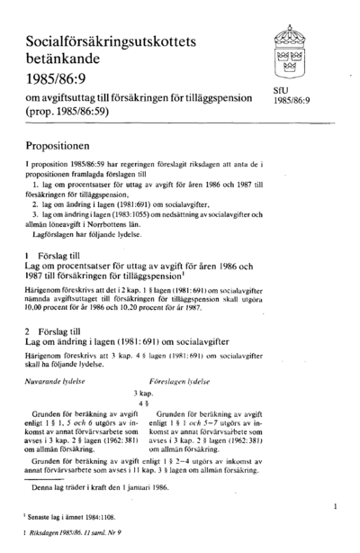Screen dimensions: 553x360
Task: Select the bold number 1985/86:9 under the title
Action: [x=59, y=92]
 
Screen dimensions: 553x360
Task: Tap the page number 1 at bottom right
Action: [x=334, y=508]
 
